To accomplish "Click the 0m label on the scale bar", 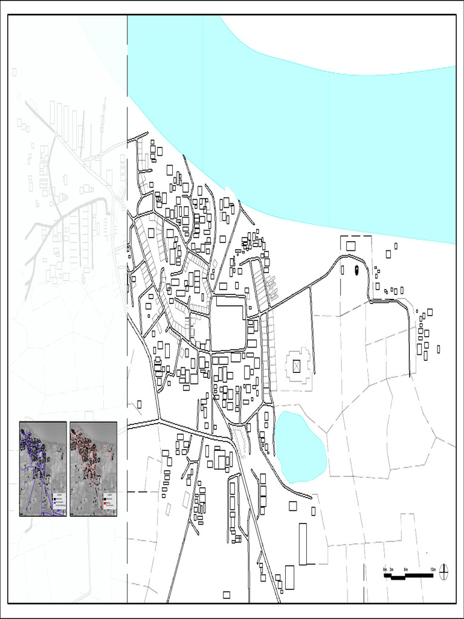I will pos(384,569).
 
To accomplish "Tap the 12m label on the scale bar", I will pos(433,569).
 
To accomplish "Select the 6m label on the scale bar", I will pos(405,569).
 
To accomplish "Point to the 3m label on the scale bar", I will pos(391,569).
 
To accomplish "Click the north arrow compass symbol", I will pos(444,571).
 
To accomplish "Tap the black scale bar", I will pos(408,575).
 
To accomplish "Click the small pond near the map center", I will pos(300,446).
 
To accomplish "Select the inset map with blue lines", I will pos(43,468).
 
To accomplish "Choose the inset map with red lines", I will pos(93,468).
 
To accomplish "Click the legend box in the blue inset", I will pos(59,501).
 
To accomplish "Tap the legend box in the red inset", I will pos(109,501).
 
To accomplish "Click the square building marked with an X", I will pos(296,365).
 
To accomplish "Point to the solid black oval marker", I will pos(356,269).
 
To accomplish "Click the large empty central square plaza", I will pos(228,323).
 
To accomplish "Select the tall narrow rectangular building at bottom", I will pos(303,543).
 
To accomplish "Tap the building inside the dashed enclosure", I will pos(351,245).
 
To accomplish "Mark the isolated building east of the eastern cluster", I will pos(439,349).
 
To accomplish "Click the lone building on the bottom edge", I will pos(227,595).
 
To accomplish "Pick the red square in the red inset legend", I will pos(105,502).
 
